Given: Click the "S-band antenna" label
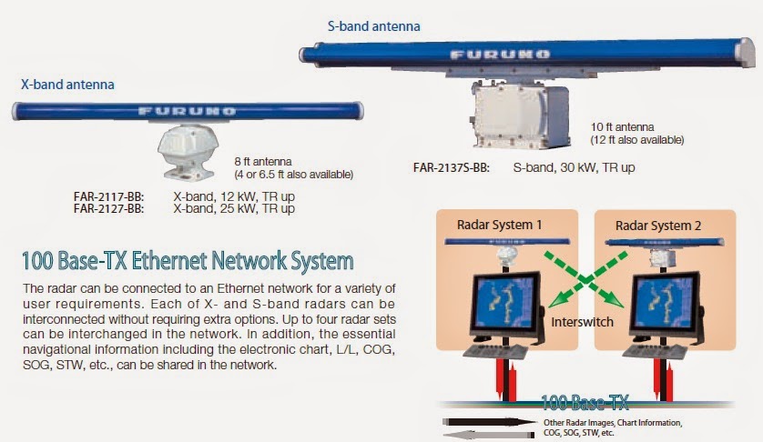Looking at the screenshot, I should coord(373,26).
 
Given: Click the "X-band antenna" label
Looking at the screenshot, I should coord(68,85).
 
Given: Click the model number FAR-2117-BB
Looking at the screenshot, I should coord(108,196).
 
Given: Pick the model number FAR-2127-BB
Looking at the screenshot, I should coord(108,209).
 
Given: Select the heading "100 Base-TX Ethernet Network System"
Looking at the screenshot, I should coord(188,262).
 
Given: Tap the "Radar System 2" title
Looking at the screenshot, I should coord(654,225).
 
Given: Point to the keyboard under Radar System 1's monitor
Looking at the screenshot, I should coord(499,352).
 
